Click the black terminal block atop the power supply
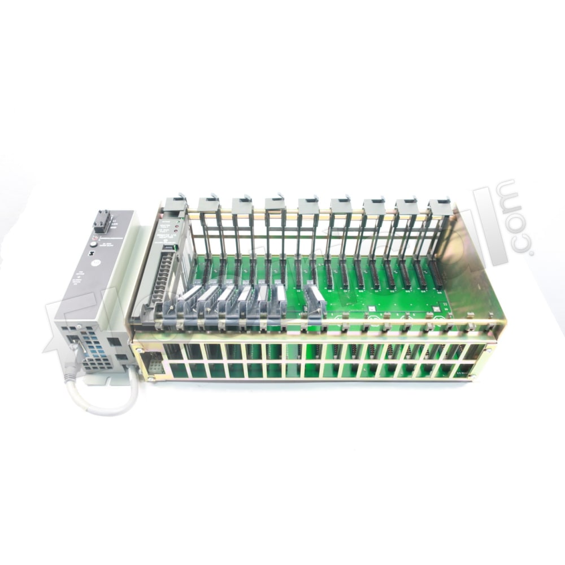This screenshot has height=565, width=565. (102, 221)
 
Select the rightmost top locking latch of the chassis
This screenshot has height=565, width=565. (440, 205)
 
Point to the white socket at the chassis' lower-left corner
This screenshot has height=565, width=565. (155, 365)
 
